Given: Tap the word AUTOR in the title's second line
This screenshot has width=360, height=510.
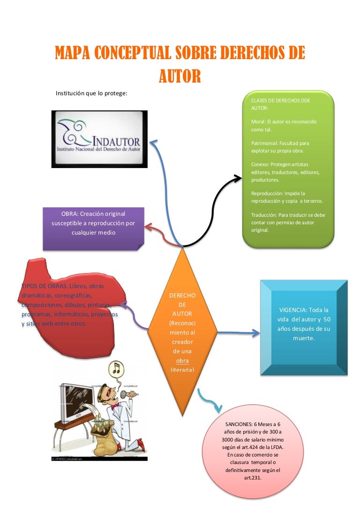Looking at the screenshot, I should (x=180, y=75).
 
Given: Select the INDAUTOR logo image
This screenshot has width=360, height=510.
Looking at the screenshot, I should (x=99, y=139).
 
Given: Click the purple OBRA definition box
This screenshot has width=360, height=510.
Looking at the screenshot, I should (x=93, y=228).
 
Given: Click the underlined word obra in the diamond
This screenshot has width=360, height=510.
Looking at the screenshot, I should (x=182, y=361).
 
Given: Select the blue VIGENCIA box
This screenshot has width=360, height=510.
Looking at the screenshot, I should (x=303, y=327).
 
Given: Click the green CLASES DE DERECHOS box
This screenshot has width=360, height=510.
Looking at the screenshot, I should (x=288, y=169).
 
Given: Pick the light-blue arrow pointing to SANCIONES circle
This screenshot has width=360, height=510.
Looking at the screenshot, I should (x=209, y=401).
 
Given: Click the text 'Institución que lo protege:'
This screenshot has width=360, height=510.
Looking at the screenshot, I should (x=92, y=93).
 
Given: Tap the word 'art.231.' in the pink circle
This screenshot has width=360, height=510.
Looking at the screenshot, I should (x=252, y=478).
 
